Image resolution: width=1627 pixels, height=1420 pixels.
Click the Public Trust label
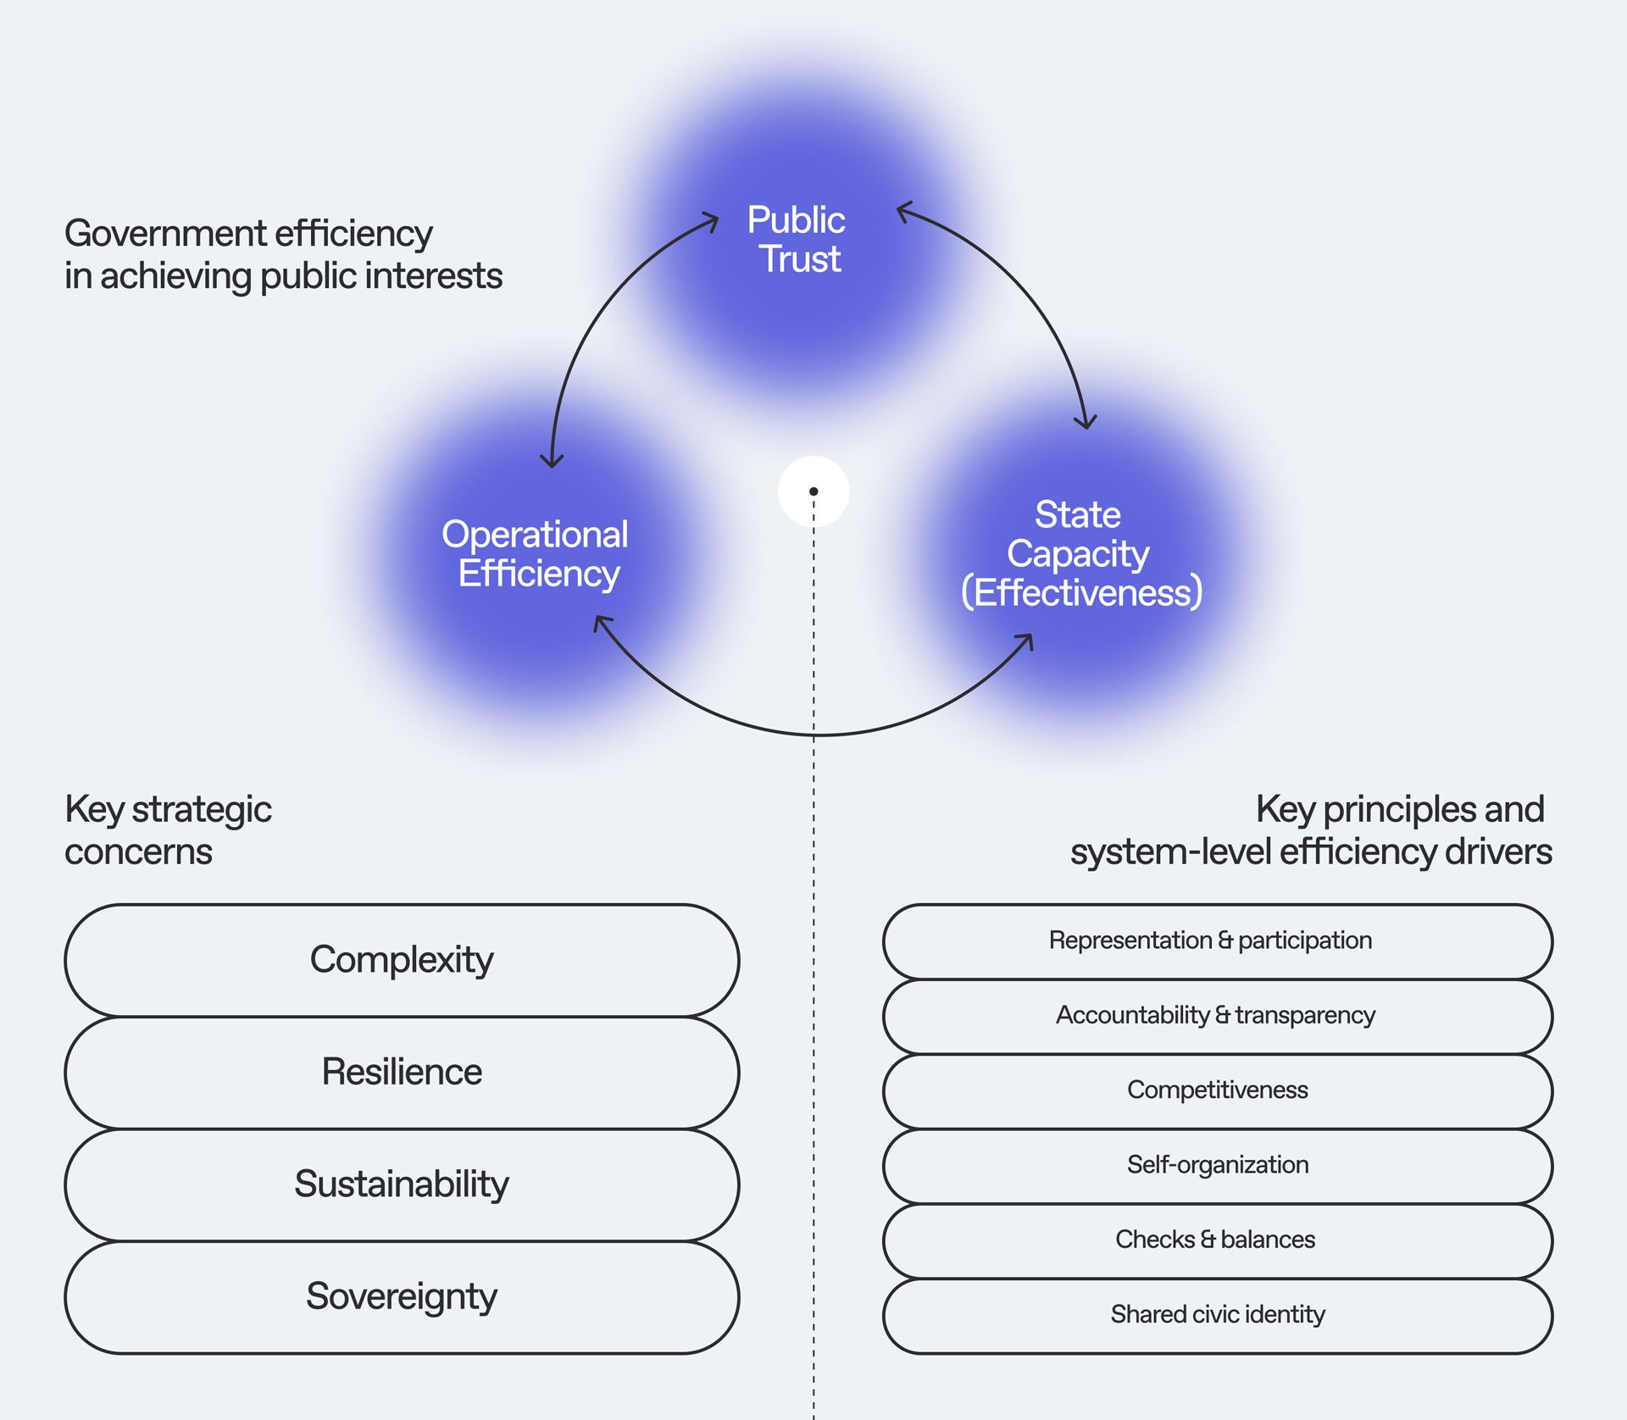point(797,240)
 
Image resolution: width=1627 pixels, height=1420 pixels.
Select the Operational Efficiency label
point(536,554)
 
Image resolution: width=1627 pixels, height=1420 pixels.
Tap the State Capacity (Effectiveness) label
point(1080,554)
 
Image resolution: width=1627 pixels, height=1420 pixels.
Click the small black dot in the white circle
point(813,491)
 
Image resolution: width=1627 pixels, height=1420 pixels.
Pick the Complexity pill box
point(402,960)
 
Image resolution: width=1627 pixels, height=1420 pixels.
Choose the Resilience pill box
point(402,1073)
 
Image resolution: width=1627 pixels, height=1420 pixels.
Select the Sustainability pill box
point(402,1184)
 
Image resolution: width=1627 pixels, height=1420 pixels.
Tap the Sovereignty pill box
point(402,1297)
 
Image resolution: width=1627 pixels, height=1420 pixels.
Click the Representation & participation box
point(1217,941)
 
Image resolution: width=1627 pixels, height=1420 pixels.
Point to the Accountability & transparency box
point(1217,1016)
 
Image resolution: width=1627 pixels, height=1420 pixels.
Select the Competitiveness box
point(1217,1090)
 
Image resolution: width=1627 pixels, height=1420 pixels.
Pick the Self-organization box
point(1217,1165)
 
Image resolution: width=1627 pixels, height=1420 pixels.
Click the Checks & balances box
point(1217,1240)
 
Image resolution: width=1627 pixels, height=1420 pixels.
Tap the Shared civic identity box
point(1217,1315)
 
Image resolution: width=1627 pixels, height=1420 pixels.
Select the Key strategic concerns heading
point(168,830)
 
